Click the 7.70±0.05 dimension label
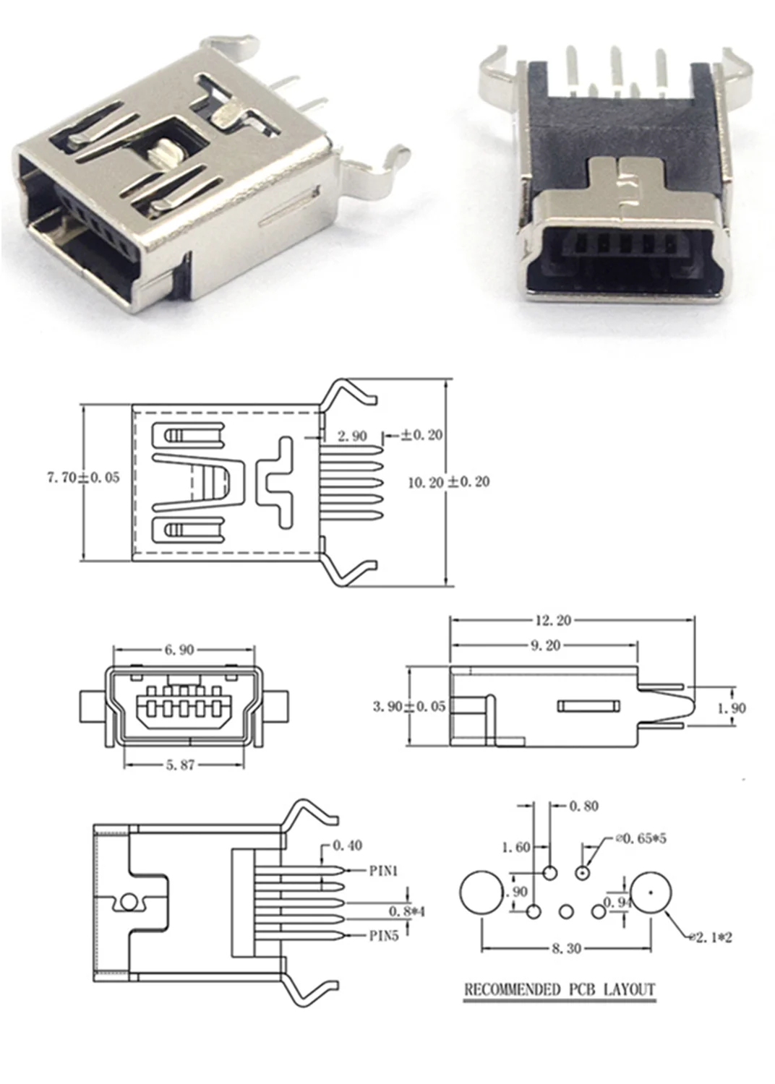(83, 478)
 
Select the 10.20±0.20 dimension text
(448, 482)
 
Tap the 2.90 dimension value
(352, 436)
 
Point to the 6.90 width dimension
(179, 650)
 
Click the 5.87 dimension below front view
(180, 765)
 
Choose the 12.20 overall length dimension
(553, 620)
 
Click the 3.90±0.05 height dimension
(409, 706)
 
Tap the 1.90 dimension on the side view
(730, 708)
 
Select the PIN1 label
(383, 871)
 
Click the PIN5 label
(384, 936)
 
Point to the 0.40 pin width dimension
(347, 845)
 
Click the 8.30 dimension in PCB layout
(566, 948)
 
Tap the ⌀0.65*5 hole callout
(641, 839)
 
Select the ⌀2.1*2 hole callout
(711, 937)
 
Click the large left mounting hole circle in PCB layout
(480, 892)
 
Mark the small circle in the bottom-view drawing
(129, 902)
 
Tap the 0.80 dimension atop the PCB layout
(583, 806)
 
